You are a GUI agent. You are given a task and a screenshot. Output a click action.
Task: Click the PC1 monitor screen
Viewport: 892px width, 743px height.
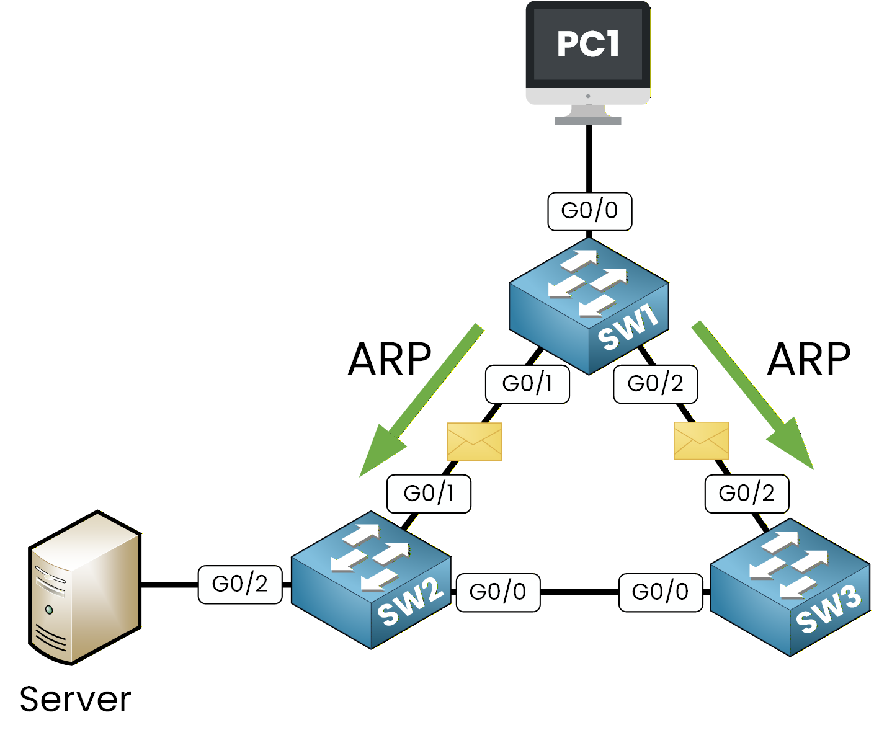(587, 45)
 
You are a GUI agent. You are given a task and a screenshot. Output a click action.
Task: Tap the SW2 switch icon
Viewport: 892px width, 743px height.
(371, 580)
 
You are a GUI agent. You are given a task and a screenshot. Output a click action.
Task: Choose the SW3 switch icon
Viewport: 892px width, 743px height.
(790, 587)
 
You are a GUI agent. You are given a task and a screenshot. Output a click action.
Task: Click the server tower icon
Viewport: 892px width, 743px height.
(85, 587)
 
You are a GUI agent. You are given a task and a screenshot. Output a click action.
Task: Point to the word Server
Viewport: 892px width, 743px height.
(75, 700)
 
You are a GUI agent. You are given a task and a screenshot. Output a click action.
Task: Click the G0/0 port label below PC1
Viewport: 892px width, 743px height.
(589, 211)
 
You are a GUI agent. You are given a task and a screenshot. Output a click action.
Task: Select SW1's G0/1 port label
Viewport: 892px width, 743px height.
(527, 384)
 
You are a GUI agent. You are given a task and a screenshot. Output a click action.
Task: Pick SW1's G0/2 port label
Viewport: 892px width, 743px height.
(655, 384)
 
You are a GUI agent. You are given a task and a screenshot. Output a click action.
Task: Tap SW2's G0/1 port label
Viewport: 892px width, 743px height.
(429, 494)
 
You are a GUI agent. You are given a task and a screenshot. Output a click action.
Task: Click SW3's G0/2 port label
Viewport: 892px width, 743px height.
(746, 494)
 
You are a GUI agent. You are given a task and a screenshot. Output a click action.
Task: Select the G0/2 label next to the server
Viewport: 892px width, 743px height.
(240, 584)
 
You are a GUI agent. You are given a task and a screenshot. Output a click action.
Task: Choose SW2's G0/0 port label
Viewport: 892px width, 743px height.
(497, 592)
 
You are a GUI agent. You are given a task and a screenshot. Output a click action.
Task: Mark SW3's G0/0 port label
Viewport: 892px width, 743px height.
(661, 592)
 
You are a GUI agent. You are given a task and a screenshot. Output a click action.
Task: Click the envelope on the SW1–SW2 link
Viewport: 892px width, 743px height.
(474, 442)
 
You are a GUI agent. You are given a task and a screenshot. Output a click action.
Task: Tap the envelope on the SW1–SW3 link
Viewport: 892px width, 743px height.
(701, 441)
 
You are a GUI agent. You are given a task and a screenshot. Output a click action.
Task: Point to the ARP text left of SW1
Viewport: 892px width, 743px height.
(390, 360)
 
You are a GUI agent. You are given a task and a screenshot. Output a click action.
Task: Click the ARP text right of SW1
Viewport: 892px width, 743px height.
(809, 360)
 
